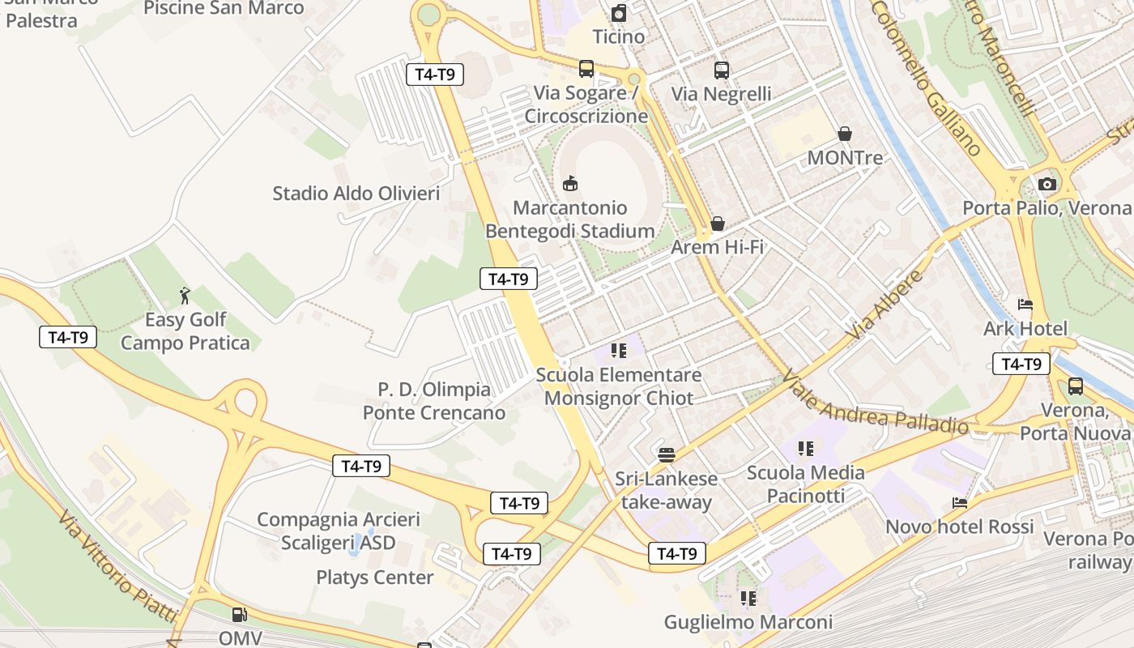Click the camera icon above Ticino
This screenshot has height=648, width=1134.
(x=619, y=13)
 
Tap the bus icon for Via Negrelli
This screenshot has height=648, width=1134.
(x=722, y=70)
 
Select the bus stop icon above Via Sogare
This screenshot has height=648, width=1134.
(x=586, y=69)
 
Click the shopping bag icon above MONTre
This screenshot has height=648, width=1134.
(x=845, y=134)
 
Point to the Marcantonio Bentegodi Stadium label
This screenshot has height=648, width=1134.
(x=570, y=220)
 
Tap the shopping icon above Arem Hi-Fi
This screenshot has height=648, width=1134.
(x=717, y=224)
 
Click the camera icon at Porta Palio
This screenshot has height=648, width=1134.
(x=1047, y=184)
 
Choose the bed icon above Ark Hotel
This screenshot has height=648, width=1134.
(x=1025, y=305)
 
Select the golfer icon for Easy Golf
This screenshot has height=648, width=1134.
(x=185, y=296)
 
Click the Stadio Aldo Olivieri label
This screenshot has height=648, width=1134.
(x=356, y=194)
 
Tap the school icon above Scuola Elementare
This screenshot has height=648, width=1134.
(x=619, y=351)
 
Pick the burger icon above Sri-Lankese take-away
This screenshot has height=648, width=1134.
(x=667, y=454)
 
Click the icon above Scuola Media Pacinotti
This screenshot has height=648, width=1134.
(x=805, y=448)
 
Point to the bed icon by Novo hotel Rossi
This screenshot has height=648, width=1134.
(x=960, y=503)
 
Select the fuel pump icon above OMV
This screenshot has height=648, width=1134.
(x=239, y=615)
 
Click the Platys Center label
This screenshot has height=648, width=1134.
(x=375, y=578)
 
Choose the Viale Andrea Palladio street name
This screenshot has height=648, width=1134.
(x=876, y=400)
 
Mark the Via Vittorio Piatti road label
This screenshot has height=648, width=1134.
(x=118, y=565)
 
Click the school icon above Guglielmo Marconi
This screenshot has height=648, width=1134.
(x=748, y=599)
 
